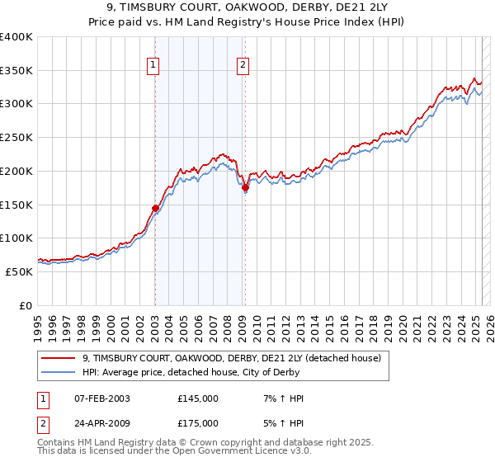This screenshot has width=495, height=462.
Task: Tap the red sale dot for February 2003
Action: pos(155,208)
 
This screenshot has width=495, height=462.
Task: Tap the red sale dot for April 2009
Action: pos(245,188)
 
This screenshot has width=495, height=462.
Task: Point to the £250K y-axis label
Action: pos(16,138)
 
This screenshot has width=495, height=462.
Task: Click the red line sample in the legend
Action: pos(58,358)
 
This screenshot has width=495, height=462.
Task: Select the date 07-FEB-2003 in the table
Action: pos(101,398)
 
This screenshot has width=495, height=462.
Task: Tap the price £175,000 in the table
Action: pos(198,423)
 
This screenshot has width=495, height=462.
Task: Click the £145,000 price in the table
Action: pos(198,398)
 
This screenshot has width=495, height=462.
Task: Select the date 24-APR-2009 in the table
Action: pos(101,423)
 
